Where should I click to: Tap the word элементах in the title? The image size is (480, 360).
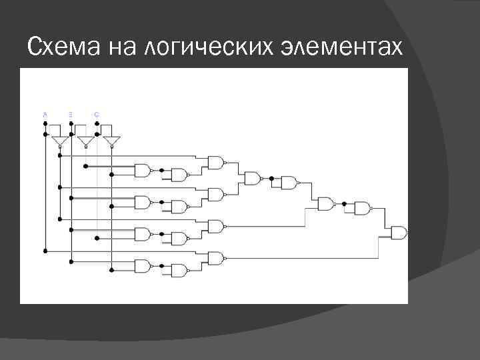(x=351, y=47)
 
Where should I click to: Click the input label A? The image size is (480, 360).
(x=45, y=115)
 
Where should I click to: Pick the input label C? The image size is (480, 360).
(x=97, y=115)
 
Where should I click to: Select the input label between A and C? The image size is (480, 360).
(x=70, y=115)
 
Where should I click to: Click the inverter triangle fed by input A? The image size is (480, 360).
(x=60, y=142)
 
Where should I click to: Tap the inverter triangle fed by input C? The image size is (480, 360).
(x=111, y=142)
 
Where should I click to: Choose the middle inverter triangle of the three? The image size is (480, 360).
(x=85, y=142)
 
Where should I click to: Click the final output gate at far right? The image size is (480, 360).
(x=399, y=233)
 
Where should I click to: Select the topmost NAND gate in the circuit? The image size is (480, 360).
(x=215, y=163)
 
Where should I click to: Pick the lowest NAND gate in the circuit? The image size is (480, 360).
(x=179, y=271)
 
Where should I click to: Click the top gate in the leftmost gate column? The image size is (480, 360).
(x=143, y=170)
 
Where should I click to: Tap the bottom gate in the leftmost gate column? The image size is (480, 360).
(x=143, y=266)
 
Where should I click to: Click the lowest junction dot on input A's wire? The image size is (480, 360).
(x=45, y=251)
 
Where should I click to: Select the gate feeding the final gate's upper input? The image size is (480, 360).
(x=362, y=208)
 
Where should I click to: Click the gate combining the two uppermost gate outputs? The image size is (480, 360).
(x=252, y=178)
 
